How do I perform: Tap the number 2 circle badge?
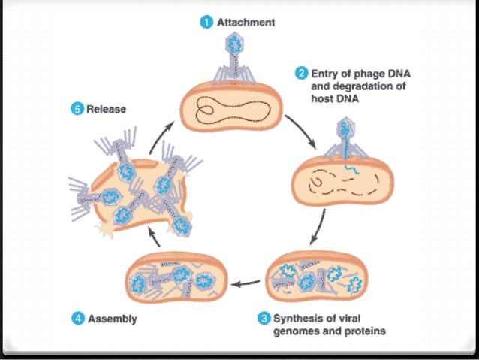pyautogui.click(x=302, y=74)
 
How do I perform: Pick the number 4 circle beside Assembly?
pyautogui.click(x=77, y=319)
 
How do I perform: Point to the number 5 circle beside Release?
pyautogui.click(x=77, y=109)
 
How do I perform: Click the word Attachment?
pyautogui.click(x=246, y=23)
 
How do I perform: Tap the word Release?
pyautogui.click(x=106, y=109)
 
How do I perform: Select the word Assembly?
pyautogui.click(x=112, y=319)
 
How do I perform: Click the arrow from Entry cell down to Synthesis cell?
pyautogui.click(x=321, y=225)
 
